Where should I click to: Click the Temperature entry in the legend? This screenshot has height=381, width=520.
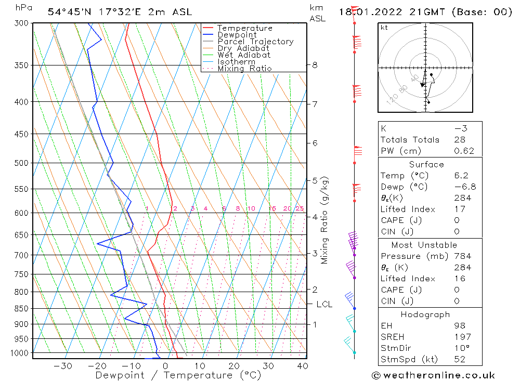tap(244, 28)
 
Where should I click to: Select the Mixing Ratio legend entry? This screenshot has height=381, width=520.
tap(244, 69)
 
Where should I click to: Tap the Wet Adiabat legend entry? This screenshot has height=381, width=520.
tap(243, 55)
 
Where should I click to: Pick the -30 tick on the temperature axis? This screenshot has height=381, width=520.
tap(63, 366)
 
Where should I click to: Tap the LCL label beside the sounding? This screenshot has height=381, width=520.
tap(324, 304)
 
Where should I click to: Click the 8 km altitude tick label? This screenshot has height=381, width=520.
tap(315, 65)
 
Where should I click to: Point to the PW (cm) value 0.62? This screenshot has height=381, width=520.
tap(464, 151)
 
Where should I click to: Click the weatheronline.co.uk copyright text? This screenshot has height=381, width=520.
tap(433, 375)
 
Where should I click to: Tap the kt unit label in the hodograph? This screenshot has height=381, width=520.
tap(384, 28)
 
